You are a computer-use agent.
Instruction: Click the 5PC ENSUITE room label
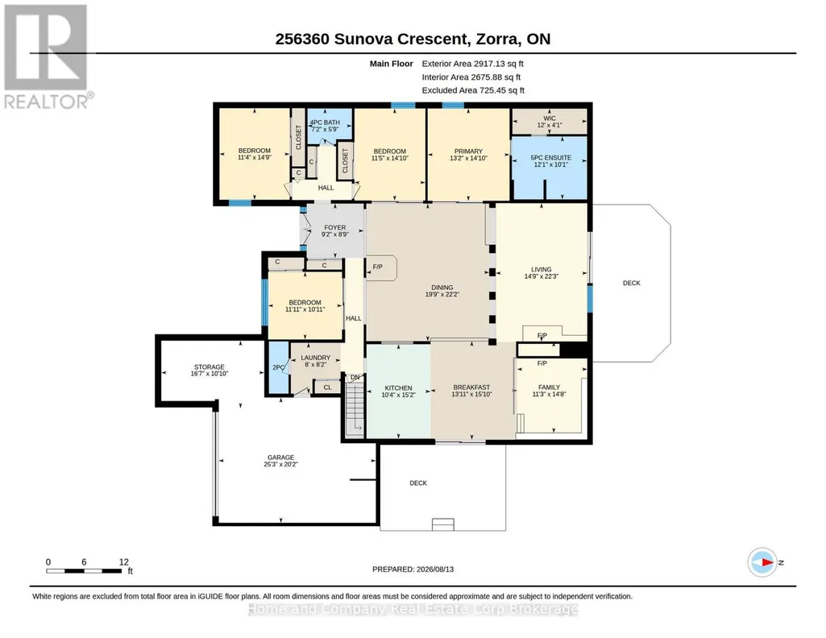coord(550,157)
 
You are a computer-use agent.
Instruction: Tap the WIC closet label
coord(550,118)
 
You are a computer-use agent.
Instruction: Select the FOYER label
coord(335,227)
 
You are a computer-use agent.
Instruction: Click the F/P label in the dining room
coord(378,267)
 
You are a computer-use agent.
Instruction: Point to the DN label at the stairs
coord(355,377)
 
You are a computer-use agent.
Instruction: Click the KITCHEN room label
coord(398,388)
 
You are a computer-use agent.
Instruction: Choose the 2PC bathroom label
coord(278,367)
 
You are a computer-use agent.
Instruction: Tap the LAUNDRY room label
coord(316,358)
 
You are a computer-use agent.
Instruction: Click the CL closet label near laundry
coord(328,387)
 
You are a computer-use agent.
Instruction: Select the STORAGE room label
coord(210,367)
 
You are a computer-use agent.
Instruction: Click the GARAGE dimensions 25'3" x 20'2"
coord(280,464)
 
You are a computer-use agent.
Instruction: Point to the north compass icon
coord(763,562)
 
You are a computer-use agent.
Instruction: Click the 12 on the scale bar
coord(124,561)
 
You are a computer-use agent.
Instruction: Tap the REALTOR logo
coord(48,56)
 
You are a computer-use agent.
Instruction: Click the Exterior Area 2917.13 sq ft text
coord(472,64)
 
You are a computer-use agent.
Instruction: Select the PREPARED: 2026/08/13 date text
coord(413,569)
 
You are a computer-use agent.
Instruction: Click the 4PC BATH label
coord(325,122)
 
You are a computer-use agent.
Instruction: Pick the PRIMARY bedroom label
coord(468,151)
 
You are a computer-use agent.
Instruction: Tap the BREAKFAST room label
coord(471,387)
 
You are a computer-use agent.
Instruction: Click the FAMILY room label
coord(549,387)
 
